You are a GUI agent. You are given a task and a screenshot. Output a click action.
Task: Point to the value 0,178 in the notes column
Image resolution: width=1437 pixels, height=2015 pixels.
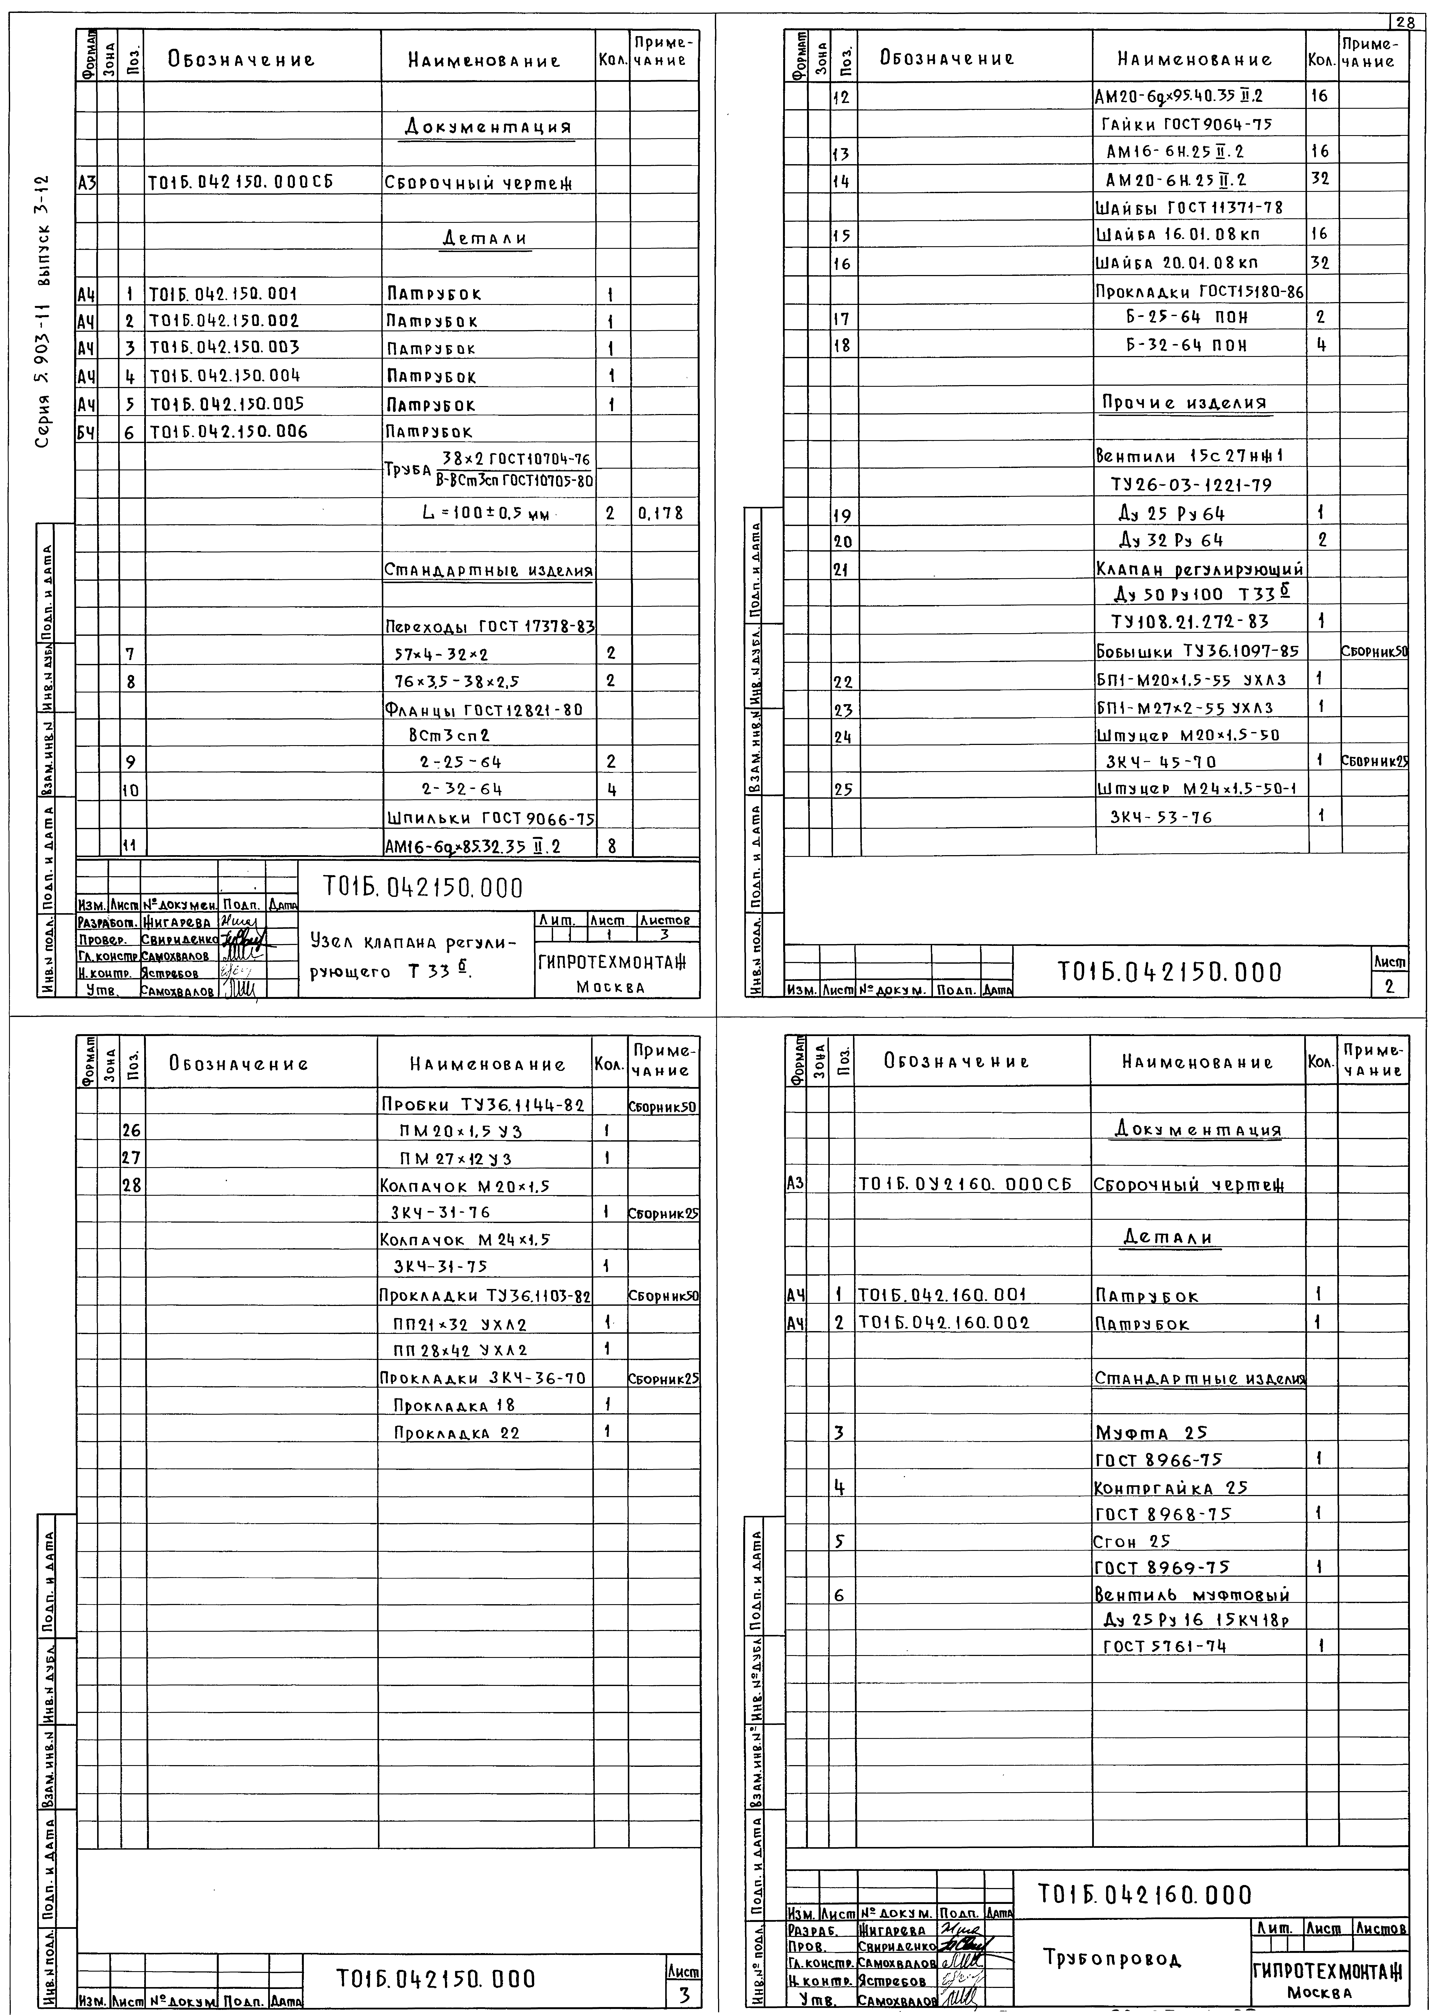(659, 513)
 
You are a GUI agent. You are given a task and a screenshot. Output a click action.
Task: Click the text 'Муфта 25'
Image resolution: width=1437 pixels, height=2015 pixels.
(1150, 1433)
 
